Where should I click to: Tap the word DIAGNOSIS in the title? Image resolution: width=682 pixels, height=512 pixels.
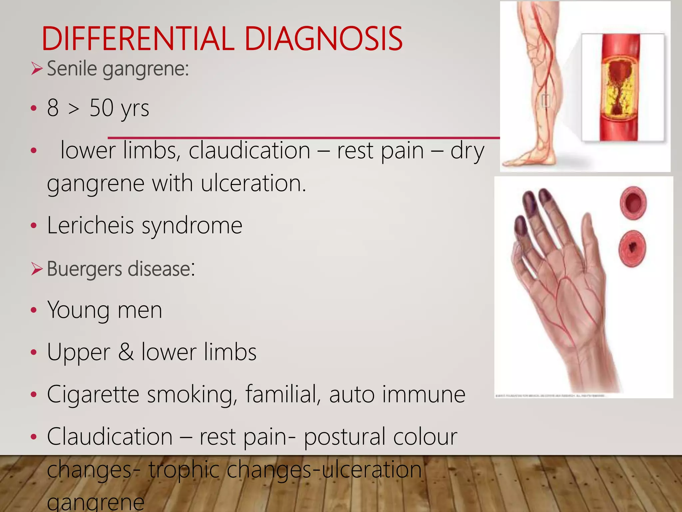pyautogui.click(x=323, y=39)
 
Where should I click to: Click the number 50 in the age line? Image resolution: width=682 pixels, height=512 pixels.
pyautogui.click(x=101, y=108)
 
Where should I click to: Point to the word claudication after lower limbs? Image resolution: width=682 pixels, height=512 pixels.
pyautogui.click(x=249, y=151)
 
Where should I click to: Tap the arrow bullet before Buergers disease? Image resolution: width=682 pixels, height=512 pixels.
pyautogui.click(x=37, y=269)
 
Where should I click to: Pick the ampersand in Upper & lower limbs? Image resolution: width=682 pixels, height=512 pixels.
pyautogui.click(x=126, y=352)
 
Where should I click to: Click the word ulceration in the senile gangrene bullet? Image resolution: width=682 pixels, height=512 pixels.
pyautogui.click(x=253, y=184)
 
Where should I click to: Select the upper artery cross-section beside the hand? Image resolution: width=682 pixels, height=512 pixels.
pyautogui.click(x=633, y=203)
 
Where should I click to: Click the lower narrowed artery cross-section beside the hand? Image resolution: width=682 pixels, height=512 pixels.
pyautogui.click(x=632, y=248)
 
